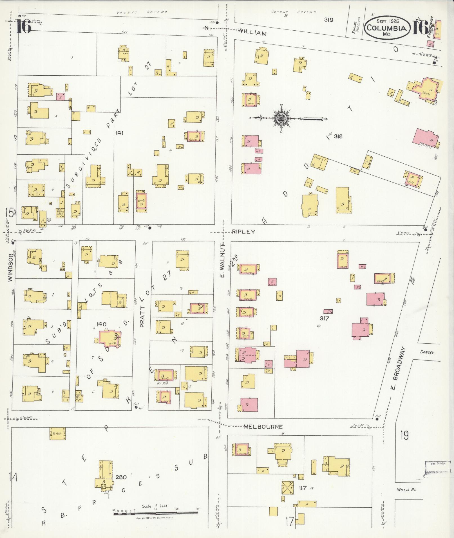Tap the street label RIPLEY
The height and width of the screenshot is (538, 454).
pos(243,232)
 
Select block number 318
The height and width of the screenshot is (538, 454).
pos(338,137)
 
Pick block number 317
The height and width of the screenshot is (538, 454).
pos(324,319)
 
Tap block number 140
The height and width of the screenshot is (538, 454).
pos(101,324)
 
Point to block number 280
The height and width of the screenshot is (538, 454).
pos(121,477)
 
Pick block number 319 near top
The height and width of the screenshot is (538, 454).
pos(328,20)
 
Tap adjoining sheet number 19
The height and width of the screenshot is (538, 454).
pos(405,436)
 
